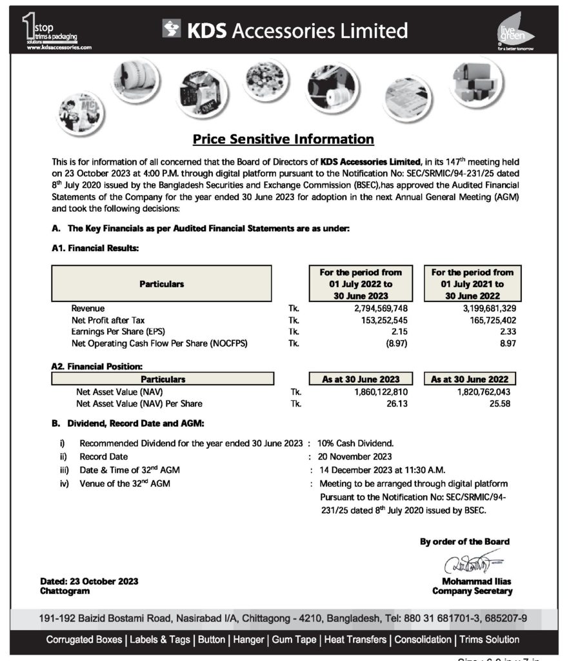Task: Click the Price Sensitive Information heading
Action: pos(284,139)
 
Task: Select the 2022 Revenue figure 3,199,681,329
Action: pos(484,309)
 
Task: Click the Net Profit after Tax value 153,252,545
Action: pos(381,320)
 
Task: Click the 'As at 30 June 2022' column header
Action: pos(474,380)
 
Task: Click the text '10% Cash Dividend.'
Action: pos(355,443)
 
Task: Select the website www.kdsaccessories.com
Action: pos(60,48)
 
